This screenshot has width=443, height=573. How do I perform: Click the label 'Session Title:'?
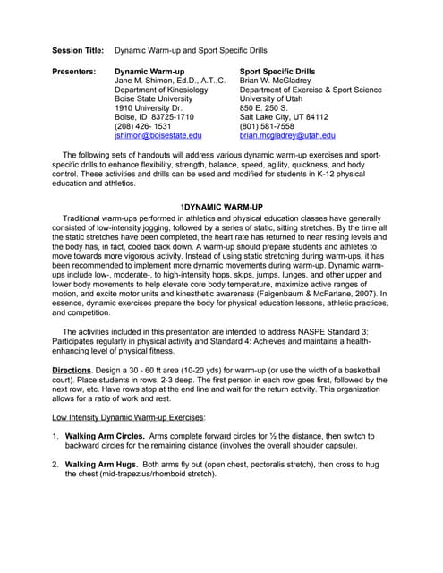78,53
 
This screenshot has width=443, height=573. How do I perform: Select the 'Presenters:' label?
74,70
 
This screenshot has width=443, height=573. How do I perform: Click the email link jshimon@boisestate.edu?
158,135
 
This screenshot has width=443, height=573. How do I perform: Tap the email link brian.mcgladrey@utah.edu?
287,135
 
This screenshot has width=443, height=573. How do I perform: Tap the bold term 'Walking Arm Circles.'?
105,435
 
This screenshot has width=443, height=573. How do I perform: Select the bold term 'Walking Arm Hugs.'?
99,464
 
